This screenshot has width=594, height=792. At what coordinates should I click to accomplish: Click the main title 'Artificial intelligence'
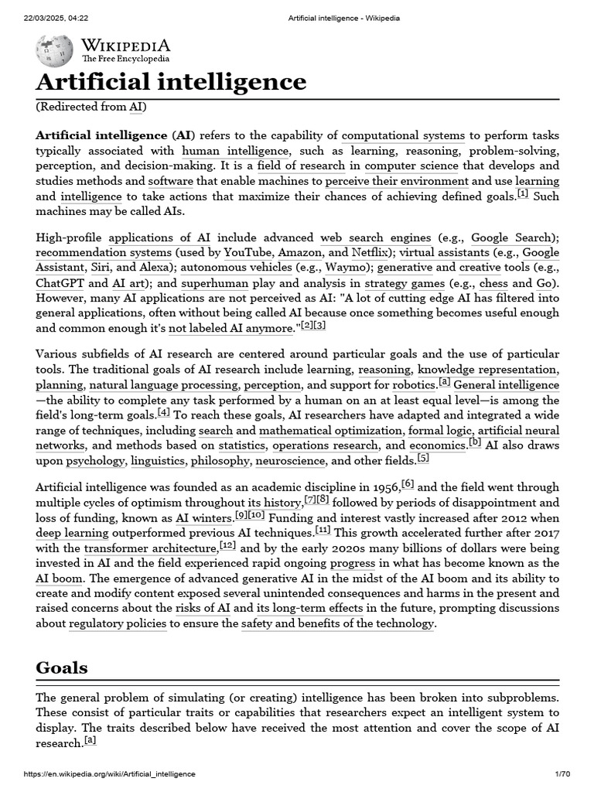click(171, 82)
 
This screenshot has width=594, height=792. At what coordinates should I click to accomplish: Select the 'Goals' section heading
click(62, 667)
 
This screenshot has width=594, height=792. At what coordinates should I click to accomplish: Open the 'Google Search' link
click(511, 237)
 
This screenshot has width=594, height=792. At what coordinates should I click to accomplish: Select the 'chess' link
click(494, 283)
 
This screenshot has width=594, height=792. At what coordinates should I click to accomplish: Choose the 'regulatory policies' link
click(118, 624)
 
